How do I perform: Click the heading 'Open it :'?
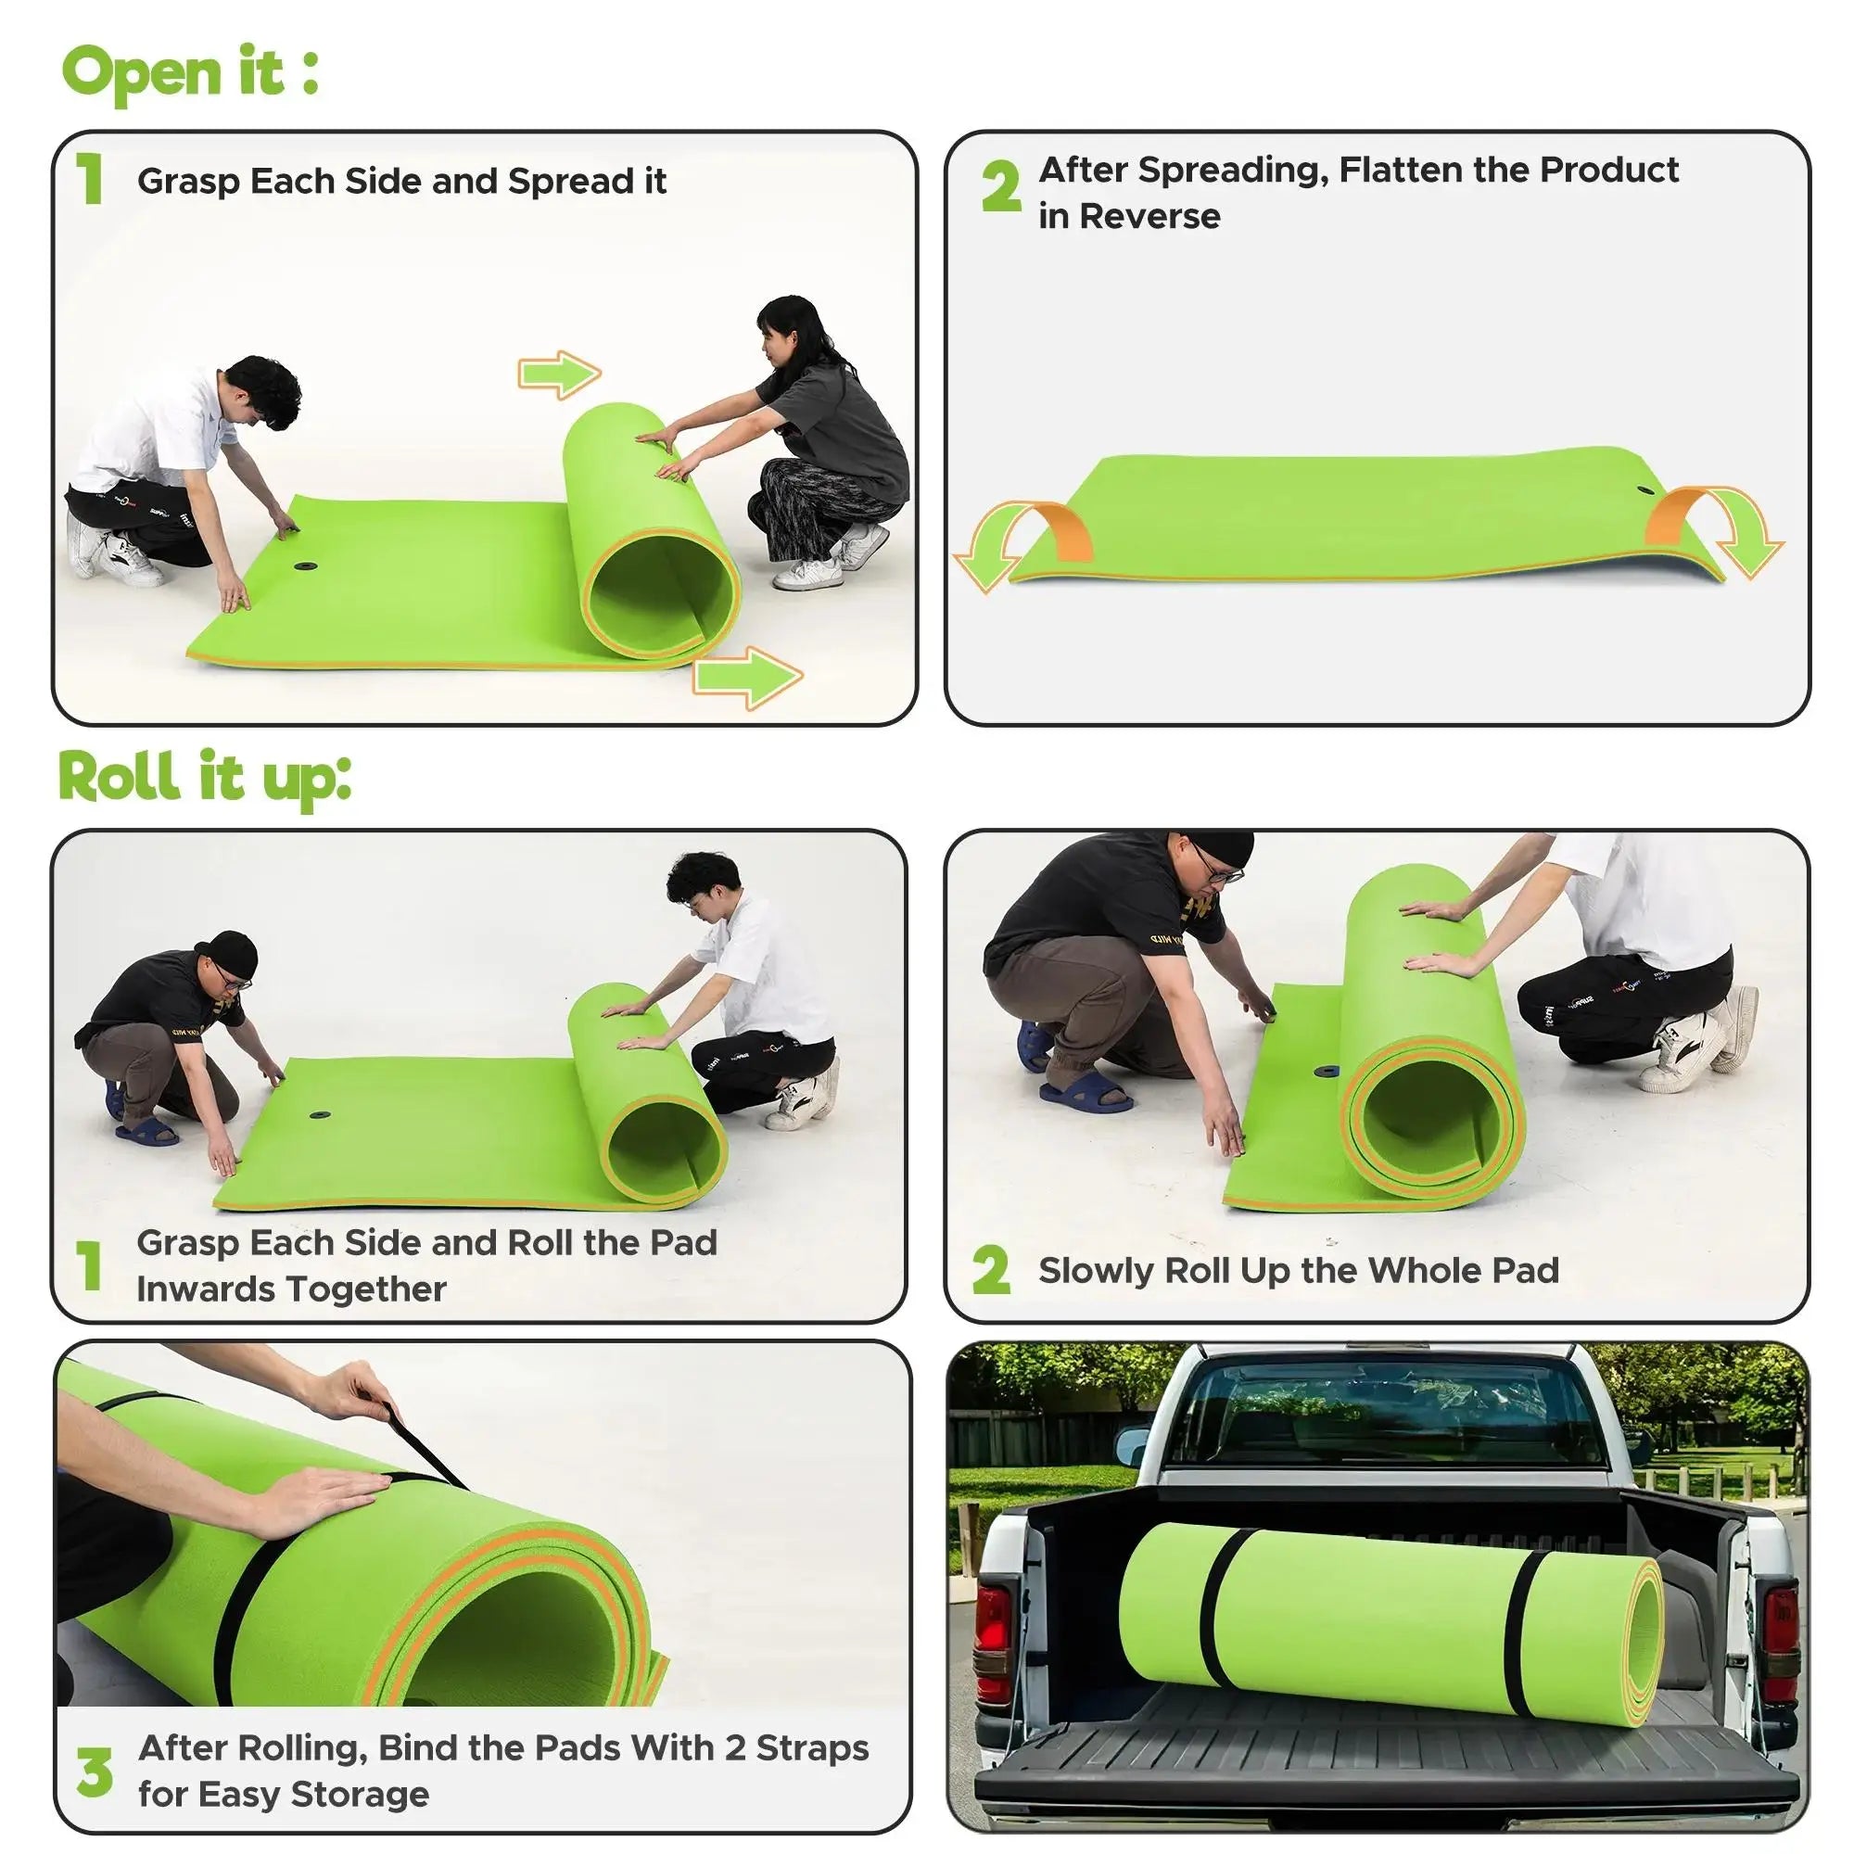(x=189, y=73)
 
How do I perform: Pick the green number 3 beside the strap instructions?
(x=95, y=1771)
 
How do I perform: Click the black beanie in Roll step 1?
(x=226, y=954)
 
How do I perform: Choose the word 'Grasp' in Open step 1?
(x=188, y=182)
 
